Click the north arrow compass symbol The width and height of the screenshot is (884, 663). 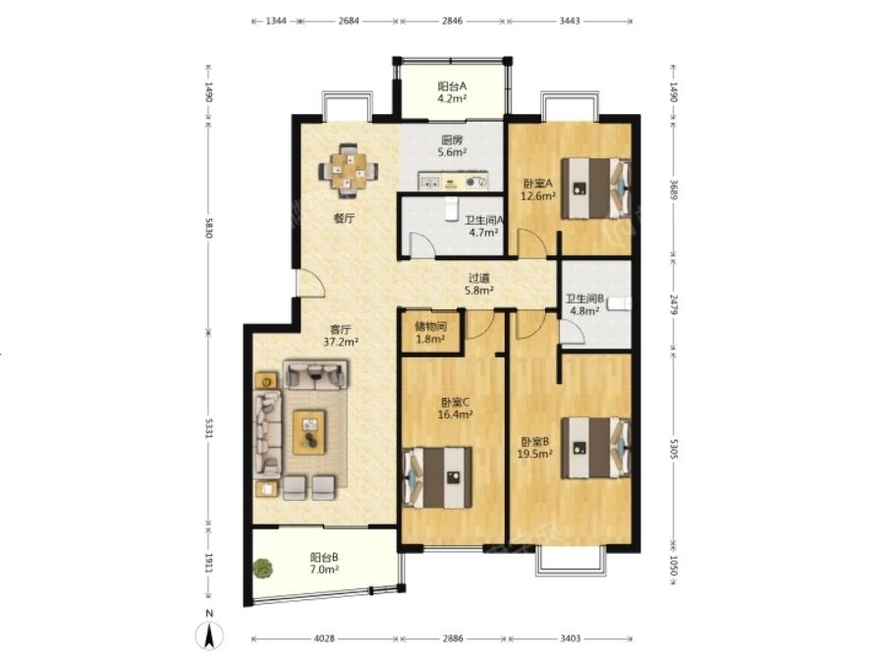[209, 635]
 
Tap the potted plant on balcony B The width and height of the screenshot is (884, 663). [262, 567]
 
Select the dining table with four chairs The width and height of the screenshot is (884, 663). [348, 170]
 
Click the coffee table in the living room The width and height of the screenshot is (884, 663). [309, 432]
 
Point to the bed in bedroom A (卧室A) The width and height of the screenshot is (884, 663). [596, 189]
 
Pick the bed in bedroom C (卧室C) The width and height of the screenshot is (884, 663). [437, 477]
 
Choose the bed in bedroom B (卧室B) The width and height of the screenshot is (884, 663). [596, 448]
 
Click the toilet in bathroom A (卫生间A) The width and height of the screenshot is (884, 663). [451, 209]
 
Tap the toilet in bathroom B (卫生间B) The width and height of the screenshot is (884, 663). [619, 304]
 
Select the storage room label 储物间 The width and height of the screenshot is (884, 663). [431, 326]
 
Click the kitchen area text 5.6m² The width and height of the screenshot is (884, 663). [452, 152]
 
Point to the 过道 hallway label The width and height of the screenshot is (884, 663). [479, 278]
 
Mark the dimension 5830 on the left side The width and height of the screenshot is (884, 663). [208, 227]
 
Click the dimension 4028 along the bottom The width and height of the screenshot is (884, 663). [324, 638]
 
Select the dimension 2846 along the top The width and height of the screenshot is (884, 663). [452, 21]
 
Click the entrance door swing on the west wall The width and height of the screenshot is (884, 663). [311, 283]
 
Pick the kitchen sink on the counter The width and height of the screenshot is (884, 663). [430, 182]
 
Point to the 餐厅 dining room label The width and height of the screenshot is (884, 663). [344, 218]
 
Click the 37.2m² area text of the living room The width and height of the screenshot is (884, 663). [341, 342]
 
